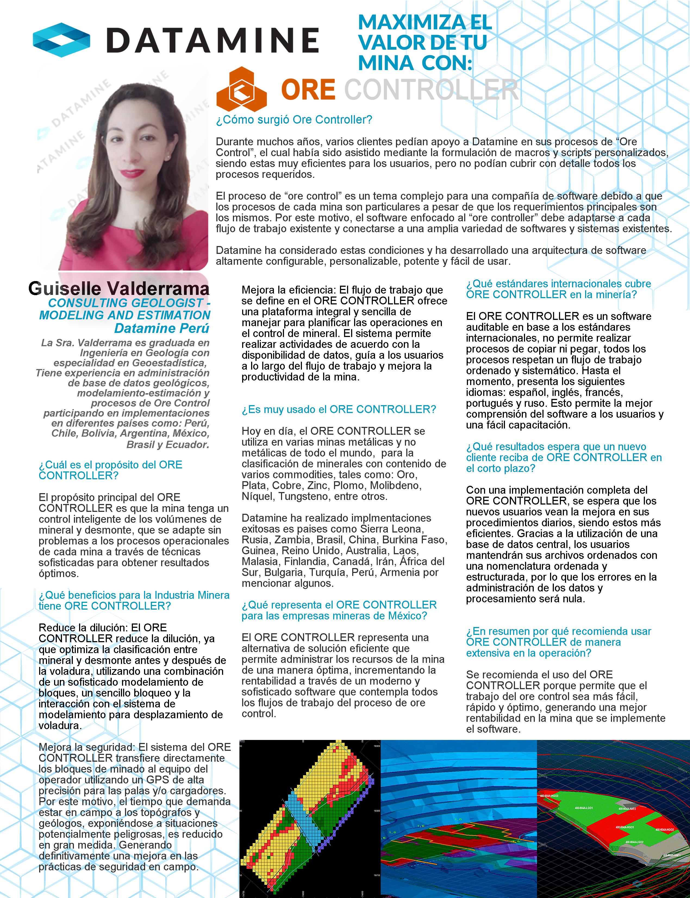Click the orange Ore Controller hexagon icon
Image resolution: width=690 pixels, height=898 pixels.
click(x=242, y=89)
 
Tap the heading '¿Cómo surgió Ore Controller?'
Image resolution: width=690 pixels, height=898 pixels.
click(x=294, y=120)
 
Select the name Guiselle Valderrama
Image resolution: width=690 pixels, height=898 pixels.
click(x=119, y=289)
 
